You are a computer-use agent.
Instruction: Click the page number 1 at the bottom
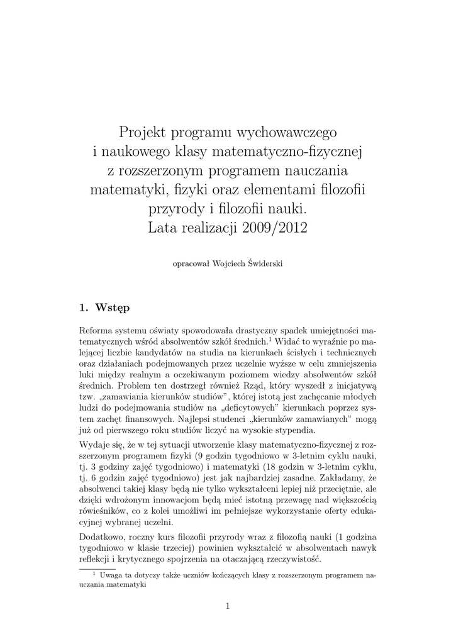pyautogui.click(x=228, y=606)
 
